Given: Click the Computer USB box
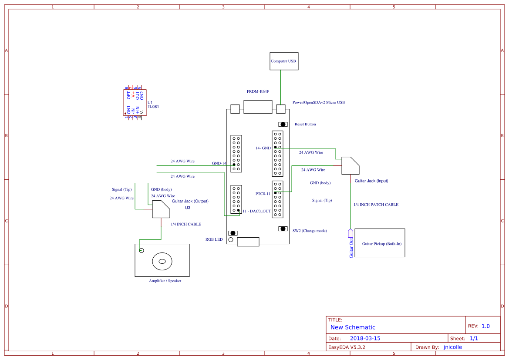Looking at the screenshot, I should tap(283, 61).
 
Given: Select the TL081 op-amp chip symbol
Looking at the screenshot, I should tap(135, 103).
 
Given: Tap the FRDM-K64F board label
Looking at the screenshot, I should tap(258, 92).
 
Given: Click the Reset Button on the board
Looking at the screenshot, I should tap(283, 124).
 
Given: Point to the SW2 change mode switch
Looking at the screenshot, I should tap(283, 229).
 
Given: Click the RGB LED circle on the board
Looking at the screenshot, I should tap(231, 240).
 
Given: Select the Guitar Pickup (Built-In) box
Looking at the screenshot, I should tap(380, 242).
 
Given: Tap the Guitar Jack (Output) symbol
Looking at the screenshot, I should tap(161, 209).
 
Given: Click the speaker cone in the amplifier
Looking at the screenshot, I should tap(162, 261).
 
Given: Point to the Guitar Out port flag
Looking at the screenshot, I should tap(351, 234).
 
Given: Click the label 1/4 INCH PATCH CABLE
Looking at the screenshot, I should tap(376, 205).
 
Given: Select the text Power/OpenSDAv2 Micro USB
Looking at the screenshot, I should tap(318, 103).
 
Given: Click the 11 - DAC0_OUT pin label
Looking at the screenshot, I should tap(256, 211).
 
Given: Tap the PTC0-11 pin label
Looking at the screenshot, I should tap(263, 194).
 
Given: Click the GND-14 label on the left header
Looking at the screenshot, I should tap(219, 164).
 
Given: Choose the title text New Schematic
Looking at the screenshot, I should tap(353, 327).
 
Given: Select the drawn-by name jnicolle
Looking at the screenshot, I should tap(452, 347).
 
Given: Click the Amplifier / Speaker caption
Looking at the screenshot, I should tap(165, 281).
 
